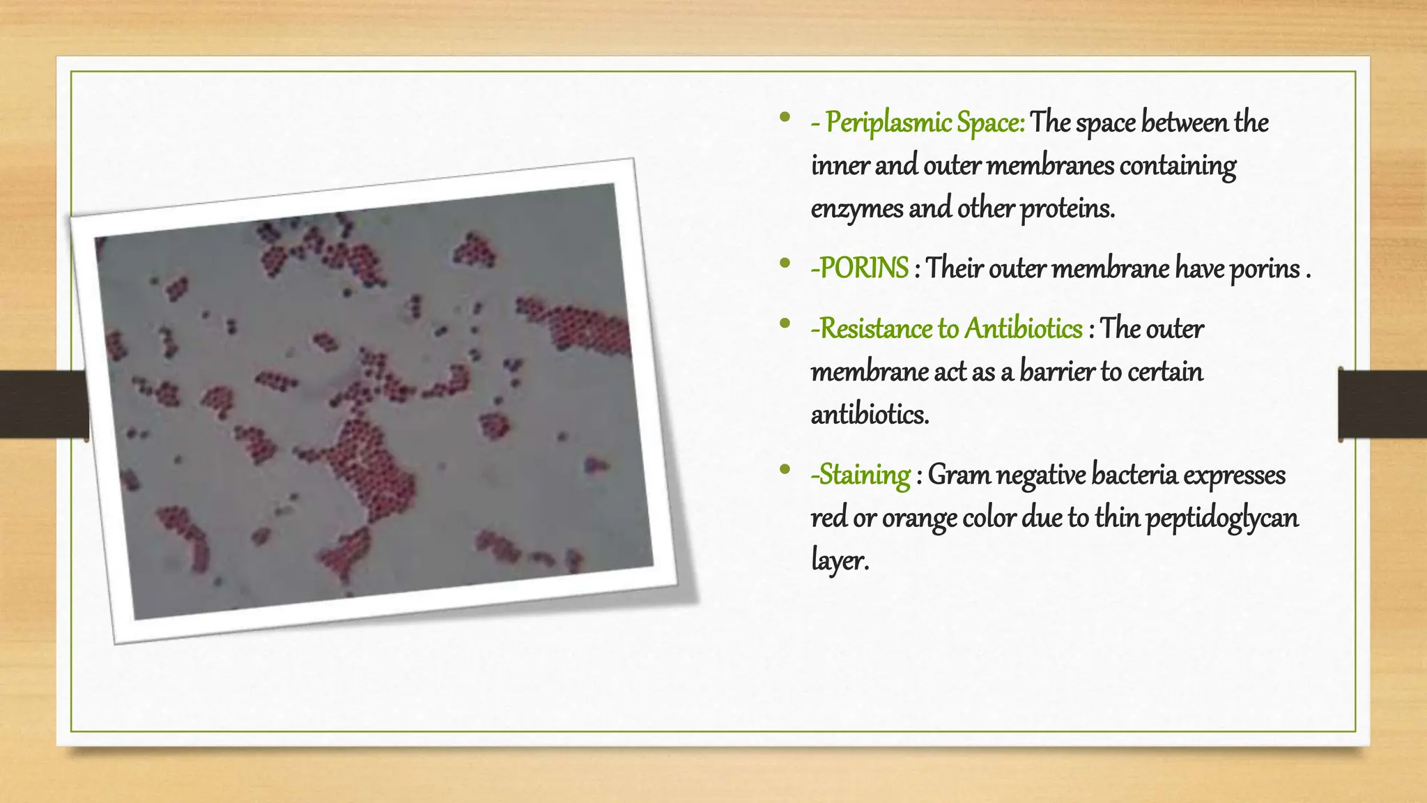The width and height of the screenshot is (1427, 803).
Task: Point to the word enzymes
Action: coord(856,208)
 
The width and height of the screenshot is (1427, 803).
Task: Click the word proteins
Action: coord(1067,208)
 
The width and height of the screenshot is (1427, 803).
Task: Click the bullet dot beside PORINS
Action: coord(785,263)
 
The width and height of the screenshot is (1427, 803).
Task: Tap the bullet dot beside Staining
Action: coord(785,470)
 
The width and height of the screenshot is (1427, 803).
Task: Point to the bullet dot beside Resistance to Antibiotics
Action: coord(785,323)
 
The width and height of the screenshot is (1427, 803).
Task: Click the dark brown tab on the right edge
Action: coord(1382,404)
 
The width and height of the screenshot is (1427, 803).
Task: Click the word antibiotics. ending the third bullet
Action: coord(870,415)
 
